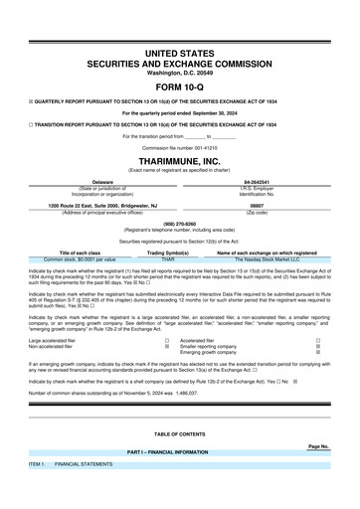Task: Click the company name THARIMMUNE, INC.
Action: tap(179, 160)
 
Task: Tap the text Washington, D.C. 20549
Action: tap(179, 73)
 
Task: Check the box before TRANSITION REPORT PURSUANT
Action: tap(32, 124)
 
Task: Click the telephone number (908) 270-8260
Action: tap(179, 224)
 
